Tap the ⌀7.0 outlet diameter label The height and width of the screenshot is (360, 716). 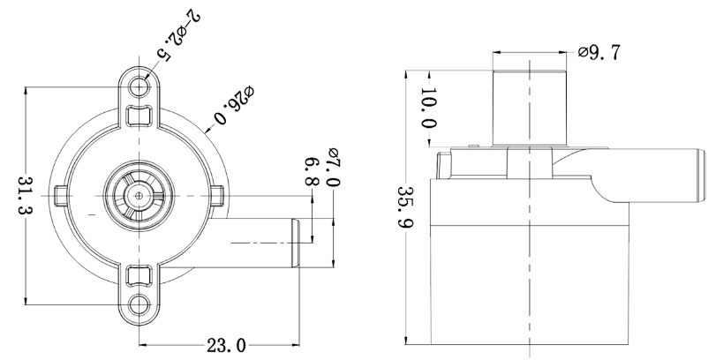click(332, 167)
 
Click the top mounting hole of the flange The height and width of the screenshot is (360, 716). click(139, 86)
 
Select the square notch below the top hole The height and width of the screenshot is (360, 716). click(139, 116)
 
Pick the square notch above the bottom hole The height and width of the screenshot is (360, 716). click(139, 276)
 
